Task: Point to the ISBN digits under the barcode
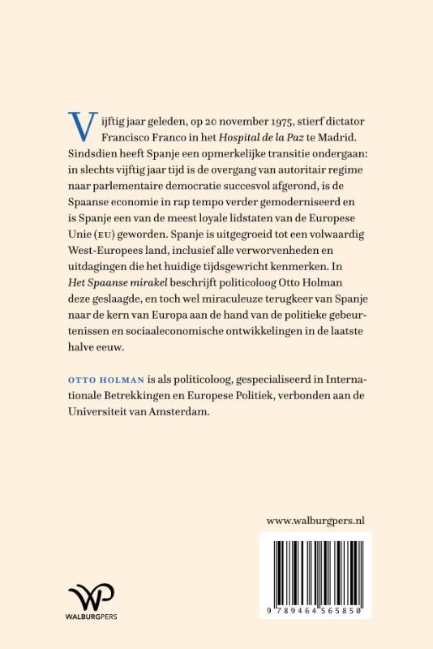[x=315, y=608]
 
